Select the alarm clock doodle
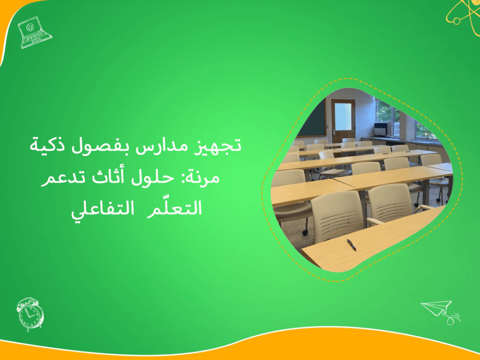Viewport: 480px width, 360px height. coord(30,314)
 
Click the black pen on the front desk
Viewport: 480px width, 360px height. coord(351,244)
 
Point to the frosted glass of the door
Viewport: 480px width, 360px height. coord(343,117)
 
